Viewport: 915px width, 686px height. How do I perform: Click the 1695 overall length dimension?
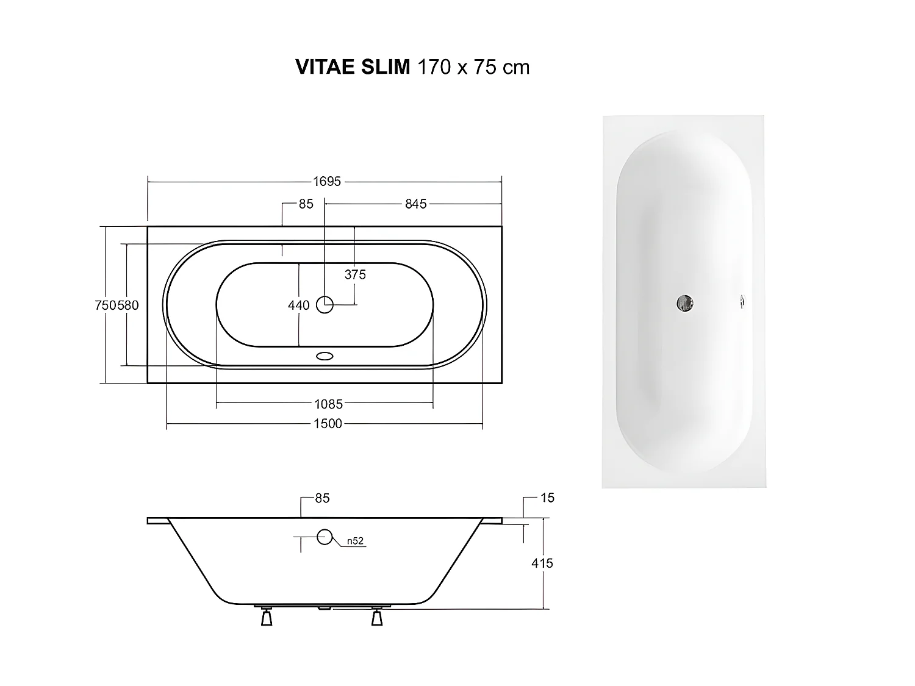(x=327, y=181)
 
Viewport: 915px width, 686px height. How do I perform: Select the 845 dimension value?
(x=415, y=204)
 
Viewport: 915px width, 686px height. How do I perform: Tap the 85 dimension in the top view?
(x=306, y=204)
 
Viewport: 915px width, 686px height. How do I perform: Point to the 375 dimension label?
(x=355, y=274)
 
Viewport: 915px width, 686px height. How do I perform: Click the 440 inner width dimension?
(x=299, y=305)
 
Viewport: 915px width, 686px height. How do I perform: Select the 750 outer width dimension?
(x=105, y=305)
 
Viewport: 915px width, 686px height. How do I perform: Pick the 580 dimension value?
(x=128, y=305)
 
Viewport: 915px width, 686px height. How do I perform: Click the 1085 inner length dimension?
(x=328, y=404)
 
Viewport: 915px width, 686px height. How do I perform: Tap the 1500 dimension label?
(x=328, y=423)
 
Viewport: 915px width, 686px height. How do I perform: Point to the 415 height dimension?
(x=542, y=563)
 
